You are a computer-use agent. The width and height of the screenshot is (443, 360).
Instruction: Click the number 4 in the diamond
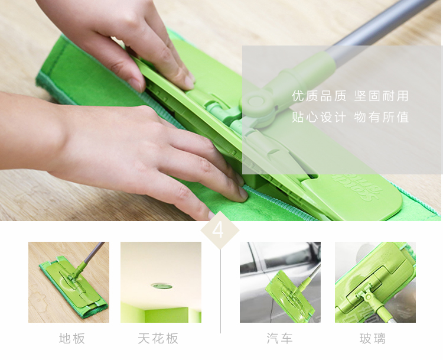click(218, 230)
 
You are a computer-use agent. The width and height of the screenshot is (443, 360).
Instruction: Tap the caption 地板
click(72, 338)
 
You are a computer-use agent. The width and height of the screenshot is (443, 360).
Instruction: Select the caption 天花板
click(158, 338)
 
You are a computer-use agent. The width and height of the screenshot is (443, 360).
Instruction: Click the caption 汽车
click(280, 338)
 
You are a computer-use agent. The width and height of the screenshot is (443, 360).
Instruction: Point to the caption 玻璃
click(373, 338)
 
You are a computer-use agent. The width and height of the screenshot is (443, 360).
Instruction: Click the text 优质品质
click(319, 96)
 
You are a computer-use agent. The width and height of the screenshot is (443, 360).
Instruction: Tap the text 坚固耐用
click(382, 96)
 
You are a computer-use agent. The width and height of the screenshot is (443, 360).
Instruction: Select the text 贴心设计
click(319, 117)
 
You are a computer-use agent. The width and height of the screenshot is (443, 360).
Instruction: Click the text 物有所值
click(382, 117)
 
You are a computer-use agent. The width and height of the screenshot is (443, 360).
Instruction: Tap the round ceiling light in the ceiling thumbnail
click(162, 286)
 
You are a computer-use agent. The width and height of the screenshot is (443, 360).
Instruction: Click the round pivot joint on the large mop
click(256, 101)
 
